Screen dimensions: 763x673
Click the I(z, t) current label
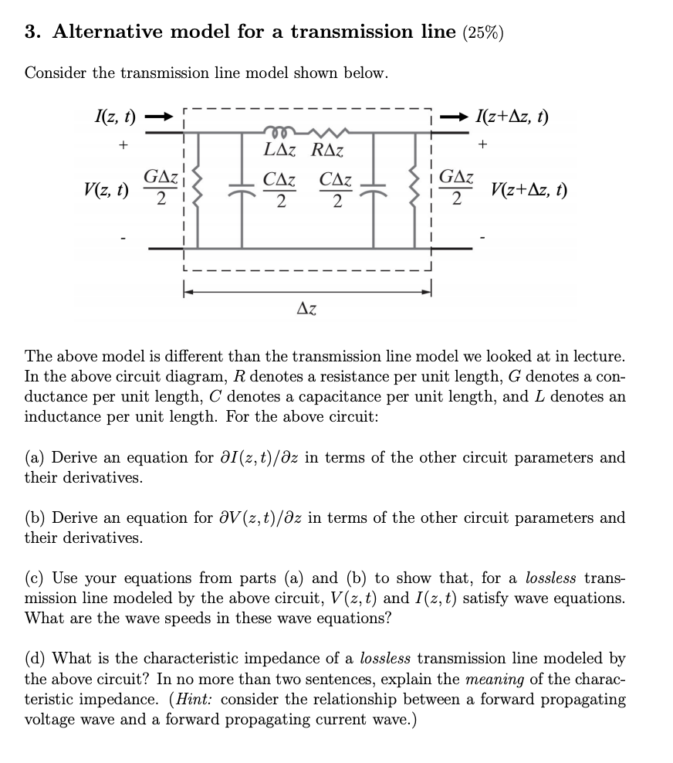tap(113, 117)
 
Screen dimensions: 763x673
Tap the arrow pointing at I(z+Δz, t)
tap(455, 118)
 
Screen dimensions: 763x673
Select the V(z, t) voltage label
tap(107, 188)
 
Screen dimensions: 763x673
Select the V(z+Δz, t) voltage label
tap(529, 189)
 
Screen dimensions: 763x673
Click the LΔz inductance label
tap(280, 151)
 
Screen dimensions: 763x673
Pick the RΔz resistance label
tap(327, 151)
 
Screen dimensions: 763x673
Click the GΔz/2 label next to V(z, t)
tap(161, 189)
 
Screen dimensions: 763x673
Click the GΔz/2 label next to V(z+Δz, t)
tap(456, 189)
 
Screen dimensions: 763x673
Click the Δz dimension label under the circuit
tap(307, 310)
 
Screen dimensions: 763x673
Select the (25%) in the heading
tap(482, 32)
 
